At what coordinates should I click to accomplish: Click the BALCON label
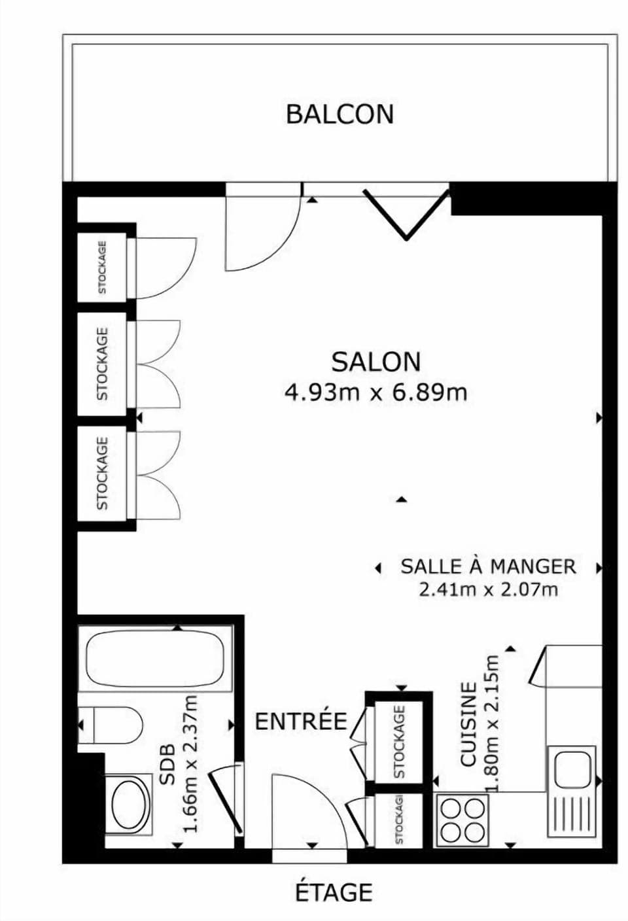coord(340,114)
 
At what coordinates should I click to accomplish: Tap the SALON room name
coord(375,362)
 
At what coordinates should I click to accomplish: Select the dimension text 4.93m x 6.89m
coord(375,392)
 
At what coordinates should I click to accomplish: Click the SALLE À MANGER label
coord(488,566)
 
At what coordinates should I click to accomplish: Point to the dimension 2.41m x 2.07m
coord(488,590)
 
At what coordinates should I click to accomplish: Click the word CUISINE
coord(468,724)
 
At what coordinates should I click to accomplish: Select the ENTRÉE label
coord(300,721)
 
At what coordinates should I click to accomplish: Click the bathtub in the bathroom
coord(155,659)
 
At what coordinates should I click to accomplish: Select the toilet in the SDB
coord(114,725)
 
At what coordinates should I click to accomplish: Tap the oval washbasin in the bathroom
coord(130,805)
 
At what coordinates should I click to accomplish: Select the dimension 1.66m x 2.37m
coord(190,763)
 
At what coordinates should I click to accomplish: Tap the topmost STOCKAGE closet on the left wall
coord(103,266)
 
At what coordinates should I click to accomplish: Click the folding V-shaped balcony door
coord(407,214)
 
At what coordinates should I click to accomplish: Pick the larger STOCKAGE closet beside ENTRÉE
coord(399,741)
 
